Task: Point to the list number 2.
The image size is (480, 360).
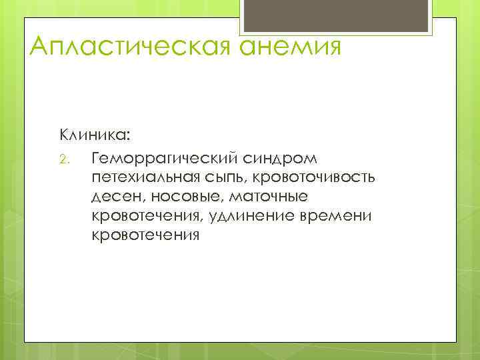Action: (x=64, y=159)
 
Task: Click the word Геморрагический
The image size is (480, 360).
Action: (x=165, y=159)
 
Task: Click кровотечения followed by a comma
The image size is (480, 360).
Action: (x=149, y=217)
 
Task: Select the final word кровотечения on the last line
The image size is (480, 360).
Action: (x=146, y=236)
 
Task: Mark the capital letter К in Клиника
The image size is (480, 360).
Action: (x=65, y=135)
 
